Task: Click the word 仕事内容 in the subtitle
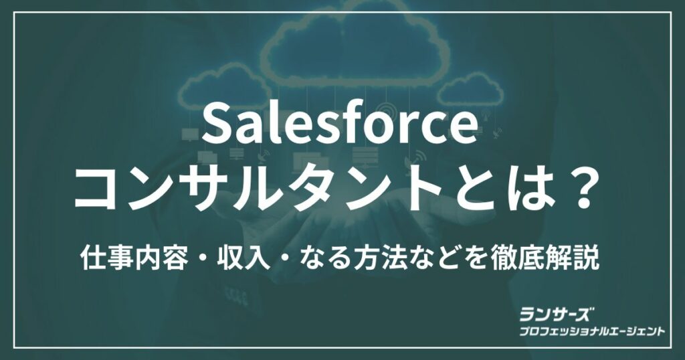134,259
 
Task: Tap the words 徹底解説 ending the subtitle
545,259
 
